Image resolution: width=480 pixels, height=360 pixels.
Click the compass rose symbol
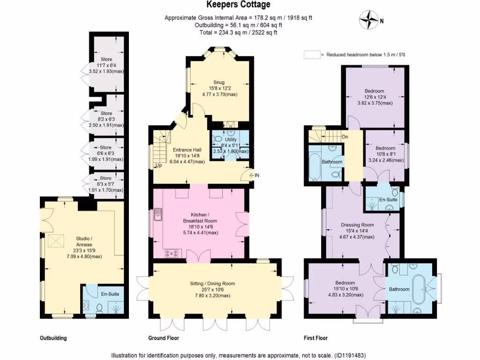(368, 20)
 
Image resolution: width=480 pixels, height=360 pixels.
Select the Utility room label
(231, 140)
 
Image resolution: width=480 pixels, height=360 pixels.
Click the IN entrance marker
(257, 175)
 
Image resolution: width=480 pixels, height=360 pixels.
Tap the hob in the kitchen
(172, 253)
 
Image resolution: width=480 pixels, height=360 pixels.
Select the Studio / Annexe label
(84, 241)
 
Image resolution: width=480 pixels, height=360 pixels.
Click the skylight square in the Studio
(56, 240)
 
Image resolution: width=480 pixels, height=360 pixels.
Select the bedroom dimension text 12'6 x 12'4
(374, 97)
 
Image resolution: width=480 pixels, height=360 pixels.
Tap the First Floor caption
(315, 338)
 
